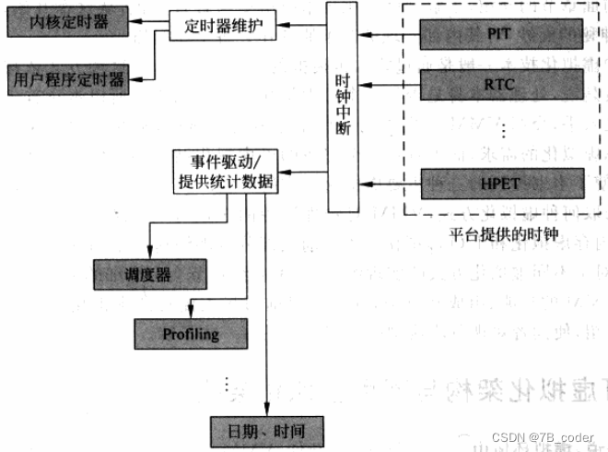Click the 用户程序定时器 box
point(69,78)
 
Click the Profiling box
point(191,333)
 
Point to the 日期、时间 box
point(265,430)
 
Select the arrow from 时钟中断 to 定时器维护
point(303,25)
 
